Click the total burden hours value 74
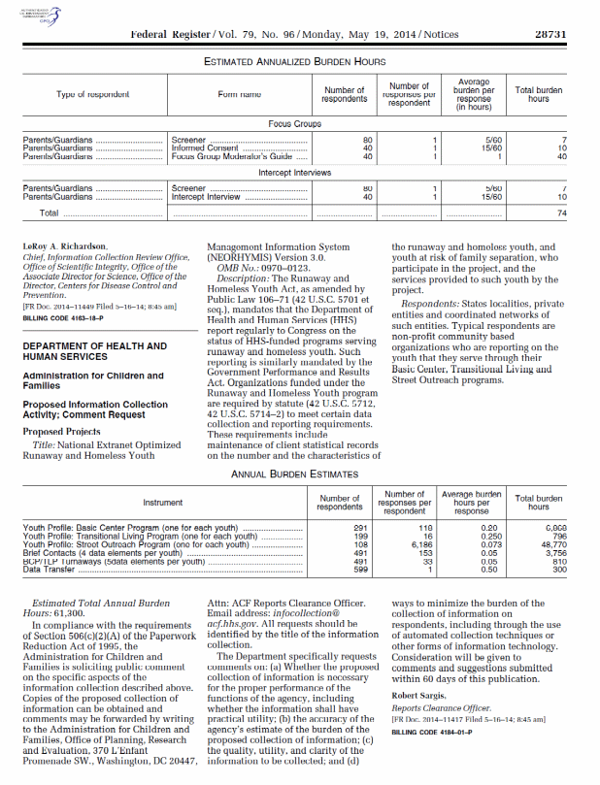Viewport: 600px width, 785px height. tap(561, 213)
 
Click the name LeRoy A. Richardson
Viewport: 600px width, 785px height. tap(67, 247)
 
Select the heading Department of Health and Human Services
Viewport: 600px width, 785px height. tap(94, 351)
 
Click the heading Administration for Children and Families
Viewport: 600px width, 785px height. tap(93, 380)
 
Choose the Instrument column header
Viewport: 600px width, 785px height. tap(162, 503)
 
